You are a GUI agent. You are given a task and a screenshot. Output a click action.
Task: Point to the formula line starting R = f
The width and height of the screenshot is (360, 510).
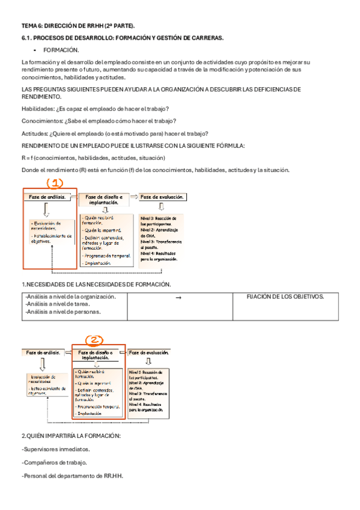pyautogui.click(x=93, y=158)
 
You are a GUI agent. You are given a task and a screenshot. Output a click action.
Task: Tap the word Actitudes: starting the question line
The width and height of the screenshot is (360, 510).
pyautogui.click(x=35, y=134)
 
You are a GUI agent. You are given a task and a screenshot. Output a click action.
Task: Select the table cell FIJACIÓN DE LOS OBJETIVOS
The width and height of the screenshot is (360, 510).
pyautogui.click(x=285, y=296)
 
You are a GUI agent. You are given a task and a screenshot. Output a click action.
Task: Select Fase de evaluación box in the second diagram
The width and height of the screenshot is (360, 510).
pyautogui.click(x=149, y=352)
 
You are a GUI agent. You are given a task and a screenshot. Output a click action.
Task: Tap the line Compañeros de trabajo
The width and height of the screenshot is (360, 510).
pyautogui.click(x=54, y=462)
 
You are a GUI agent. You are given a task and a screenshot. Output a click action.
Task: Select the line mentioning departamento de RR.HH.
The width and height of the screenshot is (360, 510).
pyautogui.click(x=72, y=476)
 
